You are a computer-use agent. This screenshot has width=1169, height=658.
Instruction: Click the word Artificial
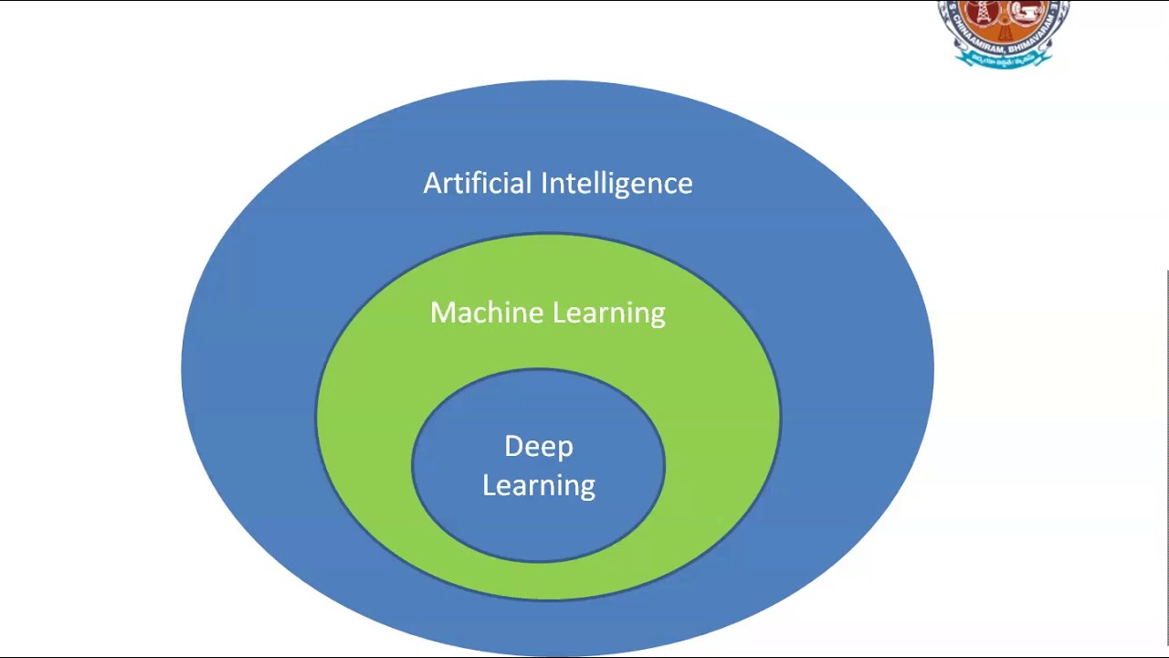coord(478,183)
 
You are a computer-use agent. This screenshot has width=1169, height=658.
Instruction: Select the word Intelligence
coord(616,184)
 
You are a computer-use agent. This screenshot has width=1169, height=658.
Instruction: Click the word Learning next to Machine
coord(609,313)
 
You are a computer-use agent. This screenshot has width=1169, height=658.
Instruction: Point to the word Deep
coord(539,447)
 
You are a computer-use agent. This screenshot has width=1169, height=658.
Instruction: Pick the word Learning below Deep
coord(539,485)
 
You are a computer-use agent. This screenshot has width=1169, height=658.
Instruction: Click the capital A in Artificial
coord(432,183)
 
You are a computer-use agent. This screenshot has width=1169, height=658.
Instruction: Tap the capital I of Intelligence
coord(544,183)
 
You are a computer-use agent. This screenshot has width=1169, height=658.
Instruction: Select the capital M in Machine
coord(442,313)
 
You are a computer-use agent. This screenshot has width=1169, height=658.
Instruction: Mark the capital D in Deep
coord(514,446)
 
